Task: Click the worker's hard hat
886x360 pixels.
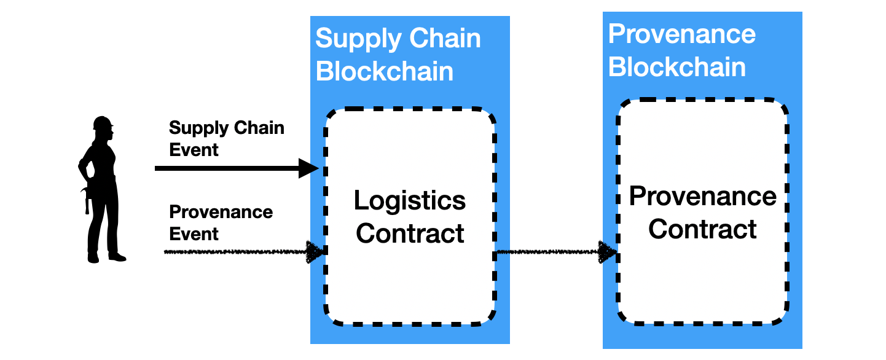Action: pos(103,122)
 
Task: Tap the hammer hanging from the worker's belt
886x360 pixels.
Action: pos(87,200)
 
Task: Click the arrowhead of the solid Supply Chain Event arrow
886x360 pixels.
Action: pos(308,168)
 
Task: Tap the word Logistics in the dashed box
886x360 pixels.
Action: pos(410,201)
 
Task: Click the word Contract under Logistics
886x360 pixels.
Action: pos(410,234)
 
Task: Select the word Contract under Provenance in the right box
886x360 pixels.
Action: pos(702,230)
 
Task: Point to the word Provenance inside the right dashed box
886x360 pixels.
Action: pos(702,197)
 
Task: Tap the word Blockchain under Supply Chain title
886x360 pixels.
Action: pos(385,72)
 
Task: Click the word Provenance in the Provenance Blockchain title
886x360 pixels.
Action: pos(681,34)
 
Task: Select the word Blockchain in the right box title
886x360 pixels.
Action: pos(677,67)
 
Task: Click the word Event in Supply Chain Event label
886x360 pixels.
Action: pos(194,150)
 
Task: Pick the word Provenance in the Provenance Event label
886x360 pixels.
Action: pos(221,213)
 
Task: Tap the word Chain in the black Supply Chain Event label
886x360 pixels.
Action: pos(259,128)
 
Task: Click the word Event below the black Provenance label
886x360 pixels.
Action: pos(194,234)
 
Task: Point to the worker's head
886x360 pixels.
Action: pos(104,130)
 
